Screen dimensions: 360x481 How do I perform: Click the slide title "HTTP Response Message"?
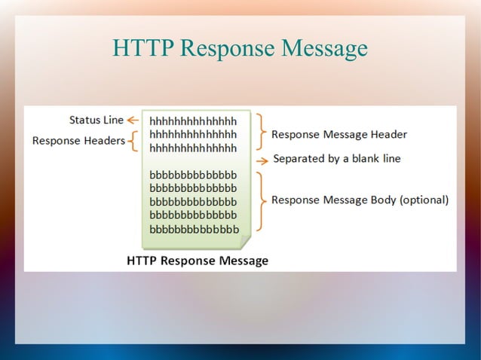[x=240, y=49]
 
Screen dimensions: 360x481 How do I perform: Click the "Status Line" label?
[x=97, y=120]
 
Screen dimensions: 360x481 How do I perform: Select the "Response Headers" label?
[x=78, y=141]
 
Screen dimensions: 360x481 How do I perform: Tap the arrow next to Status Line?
[x=134, y=120]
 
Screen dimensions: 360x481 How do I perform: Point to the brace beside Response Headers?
[x=133, y=141]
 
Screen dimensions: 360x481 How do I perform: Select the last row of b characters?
[x=195, y=229]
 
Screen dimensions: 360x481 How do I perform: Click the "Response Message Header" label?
[x=339, y=135]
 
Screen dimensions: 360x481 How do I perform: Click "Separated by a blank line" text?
[x=337, y=159]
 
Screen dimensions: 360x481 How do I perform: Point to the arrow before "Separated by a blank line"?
[x=261, y=160]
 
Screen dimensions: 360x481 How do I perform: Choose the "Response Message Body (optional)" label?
[x=360, y=200]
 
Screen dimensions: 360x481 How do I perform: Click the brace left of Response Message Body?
[x=260, y=201]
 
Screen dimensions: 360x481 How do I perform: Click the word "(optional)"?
[x=424, y=200]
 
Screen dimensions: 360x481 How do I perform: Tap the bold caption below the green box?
[x=198, y=261]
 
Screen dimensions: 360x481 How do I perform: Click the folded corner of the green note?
[x=243, y=241]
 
